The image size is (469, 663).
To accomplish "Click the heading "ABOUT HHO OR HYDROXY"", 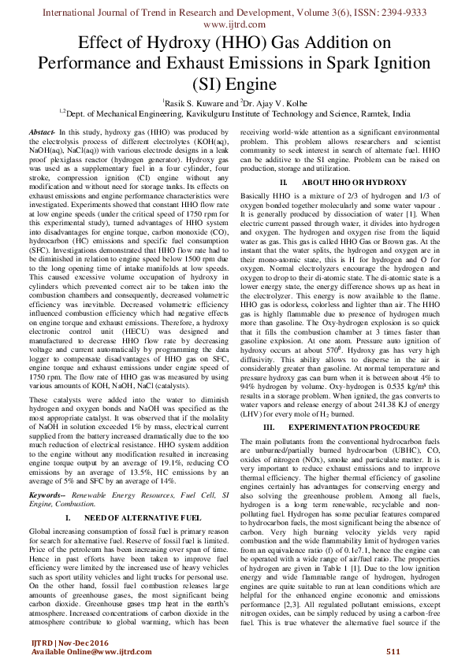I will (x=347, y=183).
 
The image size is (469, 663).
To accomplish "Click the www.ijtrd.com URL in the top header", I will (x=234, y=25).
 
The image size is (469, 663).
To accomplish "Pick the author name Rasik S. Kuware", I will (x=194, y=102).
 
